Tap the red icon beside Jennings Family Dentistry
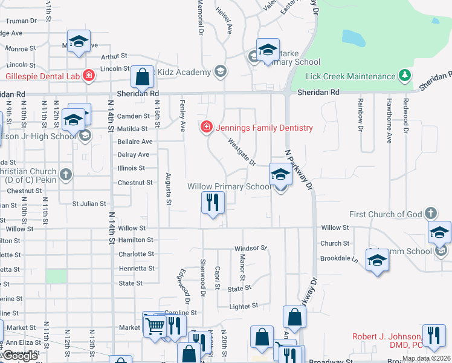206,127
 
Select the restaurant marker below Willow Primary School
212,203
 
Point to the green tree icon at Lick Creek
404,76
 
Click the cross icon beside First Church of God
430,213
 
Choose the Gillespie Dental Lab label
44,76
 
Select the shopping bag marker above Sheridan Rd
142,77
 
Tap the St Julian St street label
89,204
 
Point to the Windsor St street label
251,249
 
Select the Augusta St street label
169,193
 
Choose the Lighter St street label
244,306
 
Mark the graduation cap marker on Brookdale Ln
378,260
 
